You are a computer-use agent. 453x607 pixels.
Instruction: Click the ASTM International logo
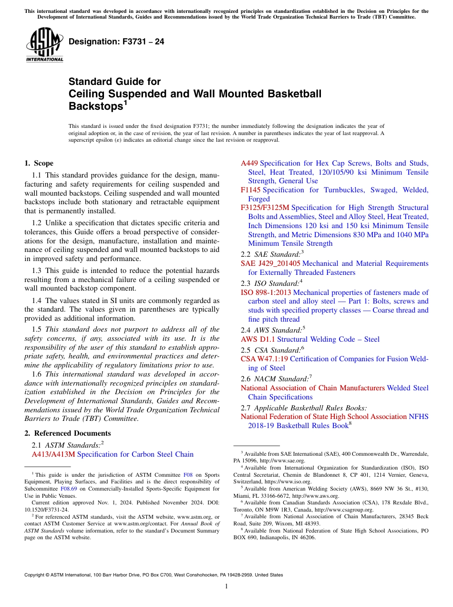click(44, 45)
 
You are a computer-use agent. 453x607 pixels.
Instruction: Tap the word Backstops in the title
click(96, 106)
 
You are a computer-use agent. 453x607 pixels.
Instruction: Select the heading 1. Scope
click(39, 163)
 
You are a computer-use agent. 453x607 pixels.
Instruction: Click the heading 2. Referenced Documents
click(68, 433)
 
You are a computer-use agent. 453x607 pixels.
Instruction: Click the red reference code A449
click(249, 163)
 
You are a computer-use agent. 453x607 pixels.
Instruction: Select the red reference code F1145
click(251, 190)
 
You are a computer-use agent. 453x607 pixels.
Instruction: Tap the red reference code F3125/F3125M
click(265, 208)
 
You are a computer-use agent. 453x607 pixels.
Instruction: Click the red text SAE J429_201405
click(270, 263)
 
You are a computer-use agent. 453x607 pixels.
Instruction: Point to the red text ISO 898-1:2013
click(266, 293)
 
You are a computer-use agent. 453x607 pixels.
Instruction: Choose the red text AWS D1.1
click(257, 339)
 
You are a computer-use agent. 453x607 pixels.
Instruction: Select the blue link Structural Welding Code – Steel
click(328, 339)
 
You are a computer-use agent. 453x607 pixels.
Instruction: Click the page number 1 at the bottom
click(226, 586)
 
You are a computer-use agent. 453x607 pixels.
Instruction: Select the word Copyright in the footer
click(36, 575)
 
